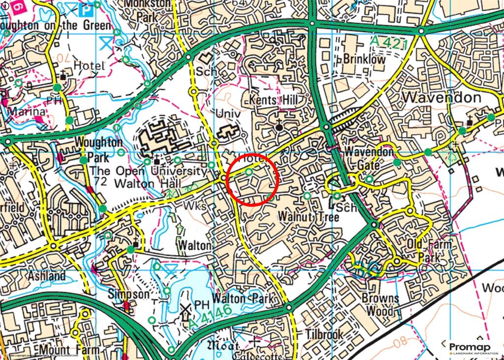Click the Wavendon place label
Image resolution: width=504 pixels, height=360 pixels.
[x=441, y=97]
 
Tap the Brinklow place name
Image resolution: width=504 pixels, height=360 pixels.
[x=365, y=59]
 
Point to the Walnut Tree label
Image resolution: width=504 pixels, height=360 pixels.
[x=302, y=216]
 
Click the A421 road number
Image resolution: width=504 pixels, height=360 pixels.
[x=395, y=44]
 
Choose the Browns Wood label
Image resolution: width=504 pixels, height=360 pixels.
[x=380, y=304]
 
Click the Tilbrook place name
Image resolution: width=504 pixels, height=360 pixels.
[x=323, y=334]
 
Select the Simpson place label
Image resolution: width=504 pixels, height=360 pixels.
[x=129, y=294]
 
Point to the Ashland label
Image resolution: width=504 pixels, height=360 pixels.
[x=47, y=276]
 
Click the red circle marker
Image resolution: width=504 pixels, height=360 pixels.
[x=253, y=178]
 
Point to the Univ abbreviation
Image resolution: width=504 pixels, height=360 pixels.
[x=228, y=114]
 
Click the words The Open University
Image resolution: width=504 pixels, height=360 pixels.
[x=148, y=171]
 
